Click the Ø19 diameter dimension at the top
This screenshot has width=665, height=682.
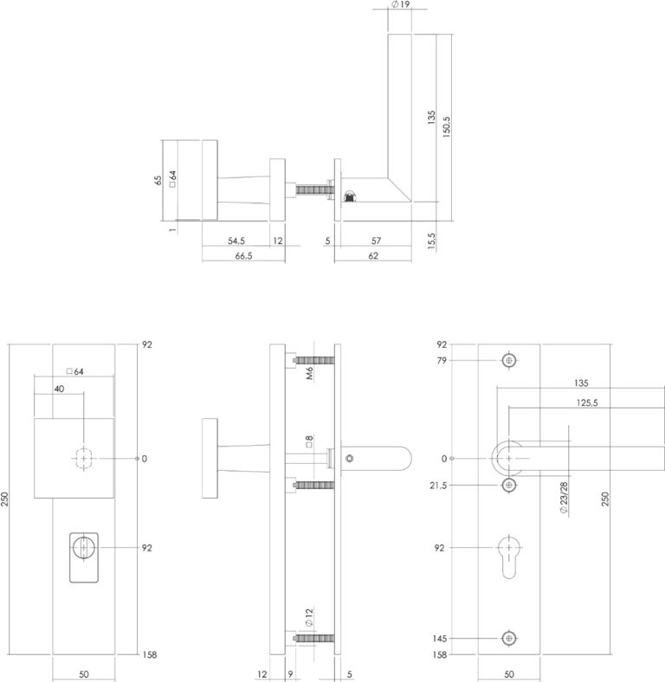[400, 4]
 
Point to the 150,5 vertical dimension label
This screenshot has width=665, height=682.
[447, 127]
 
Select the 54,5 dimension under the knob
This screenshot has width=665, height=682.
[236, 241]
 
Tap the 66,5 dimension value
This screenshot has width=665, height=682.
[243, 256]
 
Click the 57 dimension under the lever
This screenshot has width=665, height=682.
[376, 241]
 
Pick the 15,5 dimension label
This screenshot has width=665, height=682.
[431, 241]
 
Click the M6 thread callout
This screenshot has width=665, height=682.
[309, 374]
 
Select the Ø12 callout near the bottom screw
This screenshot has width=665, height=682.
[309, 618]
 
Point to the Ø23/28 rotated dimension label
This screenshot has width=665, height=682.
[564, 498]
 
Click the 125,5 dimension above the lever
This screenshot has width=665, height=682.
[587, 402]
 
